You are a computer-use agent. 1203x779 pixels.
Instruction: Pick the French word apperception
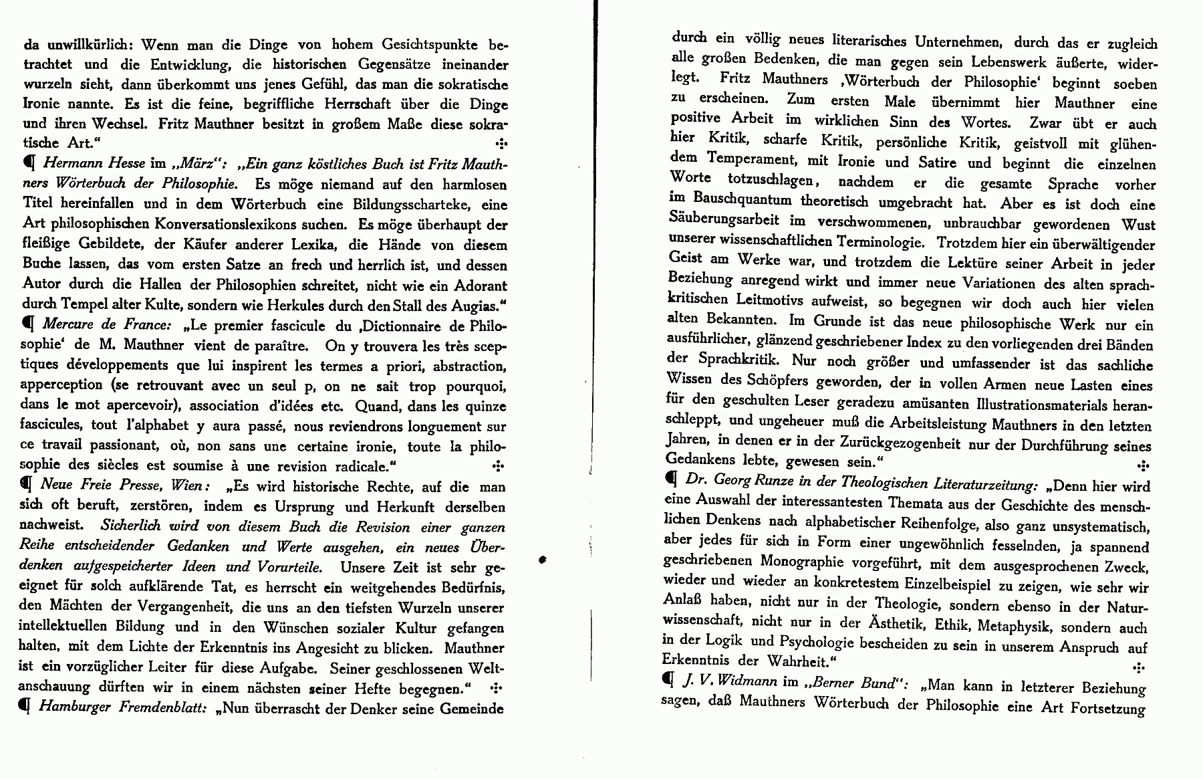(x=61, y=386)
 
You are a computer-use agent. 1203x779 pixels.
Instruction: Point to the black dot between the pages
(x=542, y=560)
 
